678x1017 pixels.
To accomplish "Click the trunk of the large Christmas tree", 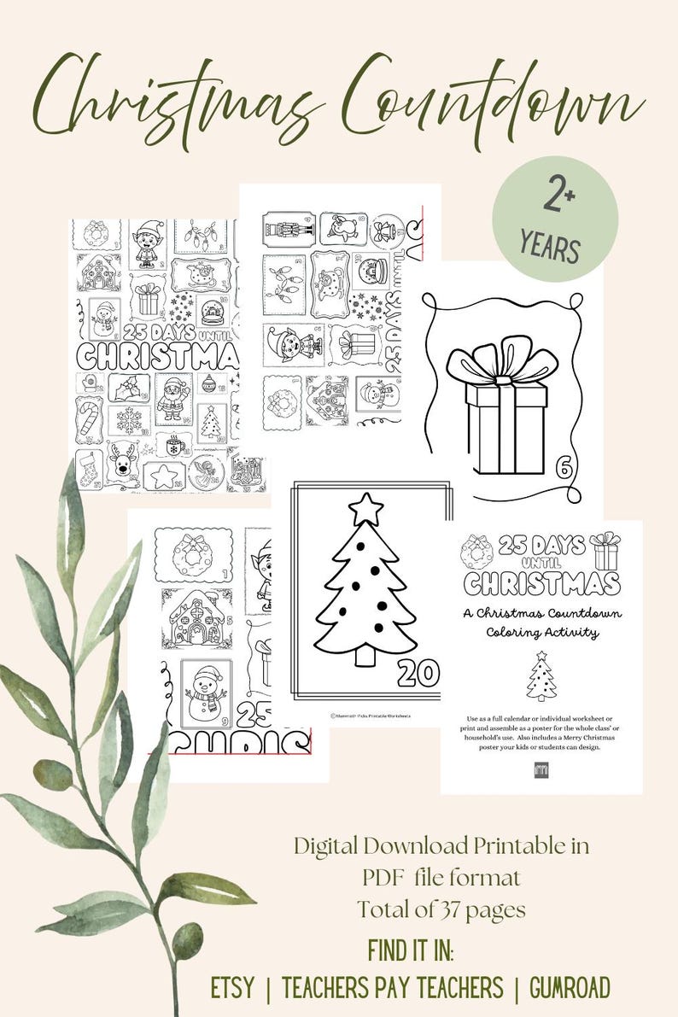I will tap(366, 655).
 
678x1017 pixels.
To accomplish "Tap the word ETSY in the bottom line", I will tap(232, 988).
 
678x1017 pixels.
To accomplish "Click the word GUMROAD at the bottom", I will tap(570, 988).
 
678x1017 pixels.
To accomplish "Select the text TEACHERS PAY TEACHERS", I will tap(392, 988).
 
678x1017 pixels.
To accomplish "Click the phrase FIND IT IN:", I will tap(411, 950).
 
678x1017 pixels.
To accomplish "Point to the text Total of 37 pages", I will tap(441, 909).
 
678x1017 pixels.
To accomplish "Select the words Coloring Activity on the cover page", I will tap(541, 633).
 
